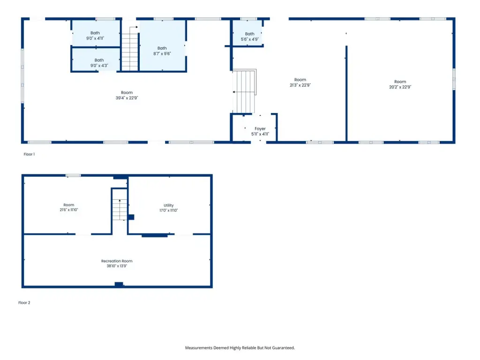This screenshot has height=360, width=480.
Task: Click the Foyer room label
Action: click(x=260, y=128)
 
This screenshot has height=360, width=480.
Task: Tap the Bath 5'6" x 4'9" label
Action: click(x=249, y=37)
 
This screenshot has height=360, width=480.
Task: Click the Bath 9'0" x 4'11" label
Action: click(x=95, y=36)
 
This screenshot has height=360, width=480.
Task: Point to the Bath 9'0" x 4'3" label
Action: click(x=99, y=63)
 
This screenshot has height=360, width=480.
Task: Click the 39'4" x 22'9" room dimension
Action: click(x=127, y=98)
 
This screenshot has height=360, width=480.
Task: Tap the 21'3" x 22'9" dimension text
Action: click(x=300, y=85)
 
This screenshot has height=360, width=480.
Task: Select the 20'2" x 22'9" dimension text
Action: click(x=400, y=87)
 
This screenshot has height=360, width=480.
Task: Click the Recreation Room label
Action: click(x=117, y=261)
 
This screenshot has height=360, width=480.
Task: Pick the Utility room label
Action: click(x=168, y=205)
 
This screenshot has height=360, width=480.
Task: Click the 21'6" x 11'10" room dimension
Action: click(x=69, y=210)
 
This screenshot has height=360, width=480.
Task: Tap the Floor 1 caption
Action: click(x=29, y=154)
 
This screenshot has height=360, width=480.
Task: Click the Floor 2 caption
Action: click(x=24, y=302)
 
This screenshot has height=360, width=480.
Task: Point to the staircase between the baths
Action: click(x=130, y=49)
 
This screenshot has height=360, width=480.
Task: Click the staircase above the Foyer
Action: click(x=244, y=91)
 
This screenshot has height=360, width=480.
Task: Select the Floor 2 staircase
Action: click(x=120, y=210)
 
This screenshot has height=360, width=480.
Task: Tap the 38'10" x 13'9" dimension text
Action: click(x=117, y=266)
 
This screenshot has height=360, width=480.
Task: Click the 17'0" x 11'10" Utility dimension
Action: click(x=168, y=210)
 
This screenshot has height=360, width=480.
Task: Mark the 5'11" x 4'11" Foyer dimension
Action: click(x=260, y=134)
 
